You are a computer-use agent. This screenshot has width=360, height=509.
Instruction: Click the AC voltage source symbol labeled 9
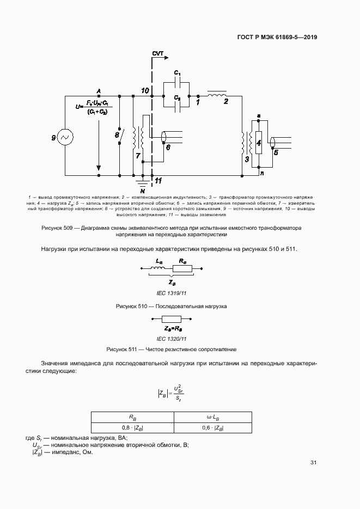65,138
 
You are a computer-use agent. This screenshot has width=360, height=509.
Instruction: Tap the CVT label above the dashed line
158,53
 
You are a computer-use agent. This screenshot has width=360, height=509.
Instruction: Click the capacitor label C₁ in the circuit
177,72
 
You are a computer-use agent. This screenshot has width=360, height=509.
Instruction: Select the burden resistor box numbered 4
259,144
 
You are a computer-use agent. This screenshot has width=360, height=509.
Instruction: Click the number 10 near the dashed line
144,89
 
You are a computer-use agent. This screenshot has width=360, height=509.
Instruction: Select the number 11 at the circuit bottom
158,180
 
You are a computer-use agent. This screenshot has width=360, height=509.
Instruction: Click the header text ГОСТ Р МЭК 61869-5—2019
277,38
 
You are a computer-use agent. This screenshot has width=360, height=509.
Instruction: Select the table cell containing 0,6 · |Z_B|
212,428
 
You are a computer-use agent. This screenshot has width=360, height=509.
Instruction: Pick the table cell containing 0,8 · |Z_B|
132,428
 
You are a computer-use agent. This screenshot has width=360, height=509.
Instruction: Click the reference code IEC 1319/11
172,293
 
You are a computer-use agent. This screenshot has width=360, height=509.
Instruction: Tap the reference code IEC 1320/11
172,338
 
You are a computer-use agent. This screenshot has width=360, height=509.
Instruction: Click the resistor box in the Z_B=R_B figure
172,320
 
